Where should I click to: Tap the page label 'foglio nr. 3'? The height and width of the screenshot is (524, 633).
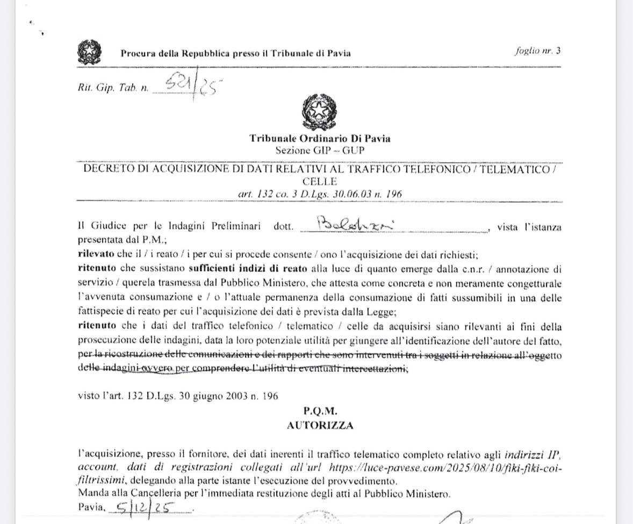[x=537, y=51]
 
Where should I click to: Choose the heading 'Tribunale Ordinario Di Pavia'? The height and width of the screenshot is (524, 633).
[x=320, y=139]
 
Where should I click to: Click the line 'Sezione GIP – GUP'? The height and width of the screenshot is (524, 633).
[x=320, y=149]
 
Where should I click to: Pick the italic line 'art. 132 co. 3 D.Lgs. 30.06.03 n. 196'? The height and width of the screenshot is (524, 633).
[x=320, y=193]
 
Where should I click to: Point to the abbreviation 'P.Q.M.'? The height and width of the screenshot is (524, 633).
[x=320, y=412]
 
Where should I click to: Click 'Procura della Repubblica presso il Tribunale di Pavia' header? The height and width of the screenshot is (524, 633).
[x=235, y=53]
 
